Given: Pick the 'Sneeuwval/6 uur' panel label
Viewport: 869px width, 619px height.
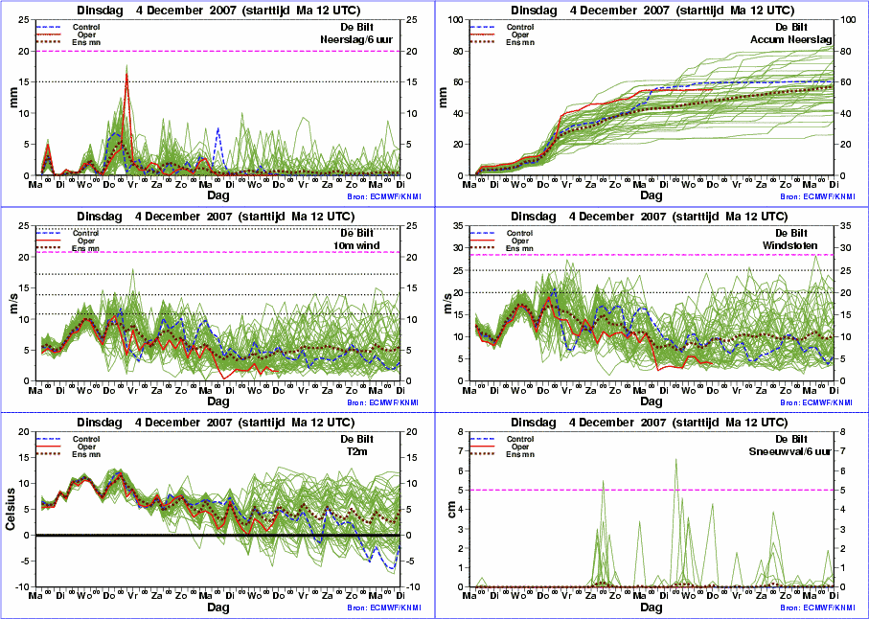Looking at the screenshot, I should tap(793, 452).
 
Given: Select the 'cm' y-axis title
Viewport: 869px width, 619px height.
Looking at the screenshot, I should tap(446, 509).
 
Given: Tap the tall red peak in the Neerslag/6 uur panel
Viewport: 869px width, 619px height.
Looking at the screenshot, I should tap(126, 75).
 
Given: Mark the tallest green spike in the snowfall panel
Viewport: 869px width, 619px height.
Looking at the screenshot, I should tap(676, 460).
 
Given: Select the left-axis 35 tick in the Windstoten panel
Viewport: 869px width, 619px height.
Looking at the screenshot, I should tap(462, 225).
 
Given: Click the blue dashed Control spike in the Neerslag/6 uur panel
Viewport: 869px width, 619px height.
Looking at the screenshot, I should tap(217, 128).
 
